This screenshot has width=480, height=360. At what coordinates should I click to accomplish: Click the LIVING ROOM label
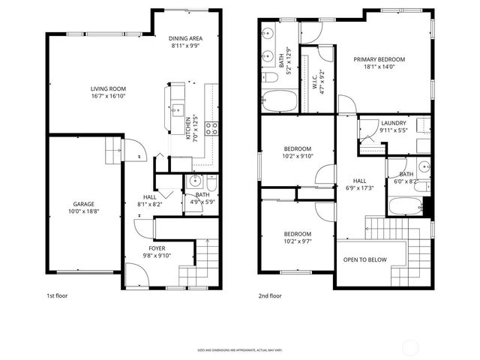pyautogui.click(x=97, y=88)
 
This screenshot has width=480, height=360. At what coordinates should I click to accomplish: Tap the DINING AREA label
pyautogui.click(x=185, y=38)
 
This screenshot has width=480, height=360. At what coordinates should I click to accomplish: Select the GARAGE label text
pyautogui.click(x=83, y=204)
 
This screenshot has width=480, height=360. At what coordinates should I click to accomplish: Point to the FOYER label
pyautogui.click(x=157, y=248)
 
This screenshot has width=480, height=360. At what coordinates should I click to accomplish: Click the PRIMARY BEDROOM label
pyautogui.click(x=379, y=59)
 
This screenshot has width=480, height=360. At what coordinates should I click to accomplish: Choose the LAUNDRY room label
pyautogui.click(x=393, y=123)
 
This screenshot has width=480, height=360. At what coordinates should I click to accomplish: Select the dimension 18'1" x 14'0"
pyautogui.click(x=379, y=67)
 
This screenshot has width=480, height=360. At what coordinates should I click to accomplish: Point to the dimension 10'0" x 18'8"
pyautogui.click(x=83, y=211)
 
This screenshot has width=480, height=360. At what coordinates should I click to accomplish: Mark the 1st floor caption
pyautogui.click(x=57, y=296)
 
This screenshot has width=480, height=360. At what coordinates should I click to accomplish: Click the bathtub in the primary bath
pyautogui.click(x=278, y=99)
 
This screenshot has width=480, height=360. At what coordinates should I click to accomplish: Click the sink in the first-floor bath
pyautogui.click(x=196, y=181)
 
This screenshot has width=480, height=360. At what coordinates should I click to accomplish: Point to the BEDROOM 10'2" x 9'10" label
pyautogui.click(x=297, y=148)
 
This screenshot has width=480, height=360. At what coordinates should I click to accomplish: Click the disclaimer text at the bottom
pyautogui.click(x=239, y=349)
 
